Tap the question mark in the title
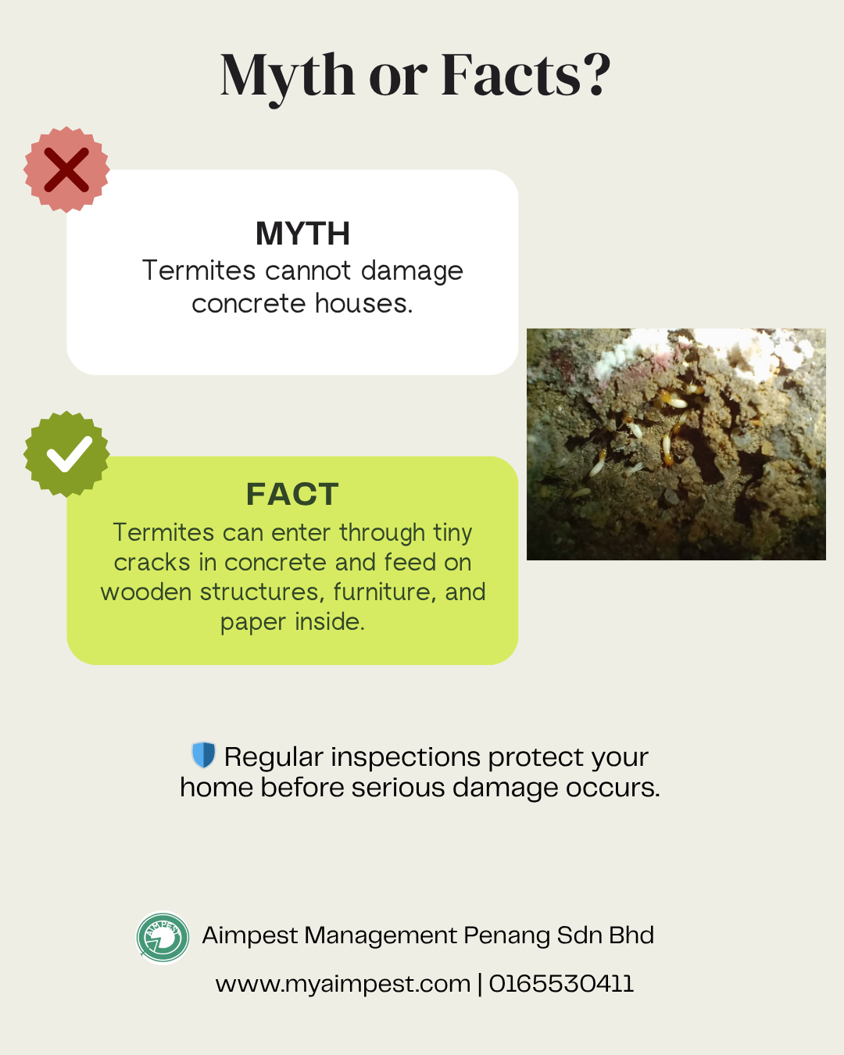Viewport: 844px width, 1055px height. pyautogui.click(x=595, y=74)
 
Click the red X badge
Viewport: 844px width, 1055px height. pyautogui.click(x=66, y=170)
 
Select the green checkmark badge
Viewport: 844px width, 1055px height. pyautogui.click(x=66, y=454)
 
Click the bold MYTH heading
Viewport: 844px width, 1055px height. pyautogui.click(x=302, y=234)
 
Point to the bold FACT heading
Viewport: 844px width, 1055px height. pyautogui.click(x=292, y=494)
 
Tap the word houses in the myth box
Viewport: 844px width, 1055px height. pyautogui.click(x=364, y=303)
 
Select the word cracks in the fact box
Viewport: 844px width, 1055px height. pyautogui.click(x=152, y=562)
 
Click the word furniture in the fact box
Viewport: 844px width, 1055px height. pyautogui.click(x=385, y=592)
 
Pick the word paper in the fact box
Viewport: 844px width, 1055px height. pyautogui.click(x=253, y=623)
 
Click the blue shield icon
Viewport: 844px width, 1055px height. pyautogui.click(x=203, y=754)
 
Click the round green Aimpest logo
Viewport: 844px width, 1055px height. pyautogui.click(x=163, y=937)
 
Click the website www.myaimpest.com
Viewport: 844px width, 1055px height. pyautogui.click(x=343, y=984)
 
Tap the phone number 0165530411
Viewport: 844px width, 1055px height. pyautogui.click(x=561, y=983)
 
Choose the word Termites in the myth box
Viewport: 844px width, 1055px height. pyautogui.click(x=199, y=270)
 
